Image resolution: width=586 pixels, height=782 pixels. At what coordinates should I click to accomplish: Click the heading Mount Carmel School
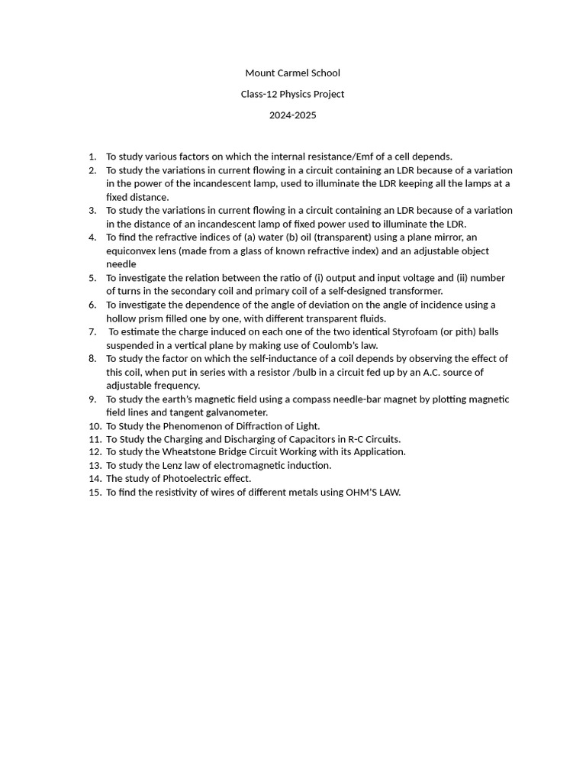coord(292,73)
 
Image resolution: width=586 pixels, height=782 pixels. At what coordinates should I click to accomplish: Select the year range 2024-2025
coord(292,115)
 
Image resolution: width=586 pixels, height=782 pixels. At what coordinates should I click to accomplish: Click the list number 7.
coord(92,331)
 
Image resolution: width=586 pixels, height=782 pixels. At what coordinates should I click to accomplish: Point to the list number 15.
coord(95,493)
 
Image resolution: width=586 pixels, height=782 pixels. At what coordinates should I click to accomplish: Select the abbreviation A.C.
coord(433,373)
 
